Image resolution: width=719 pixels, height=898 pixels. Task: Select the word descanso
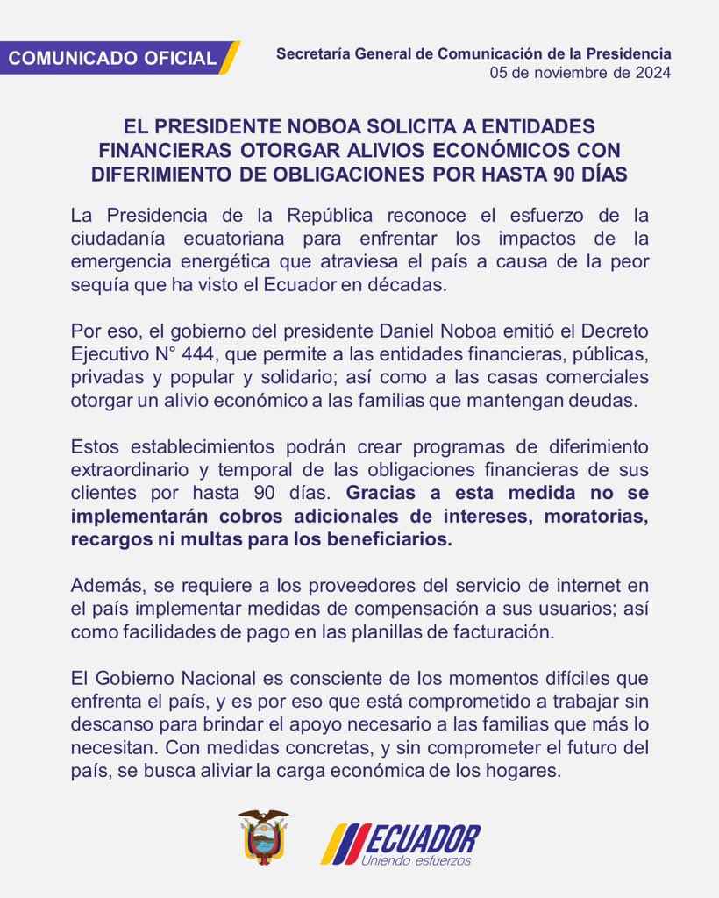tap(106, 723)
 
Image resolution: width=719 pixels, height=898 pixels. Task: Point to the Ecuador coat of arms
tap(263, 837)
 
